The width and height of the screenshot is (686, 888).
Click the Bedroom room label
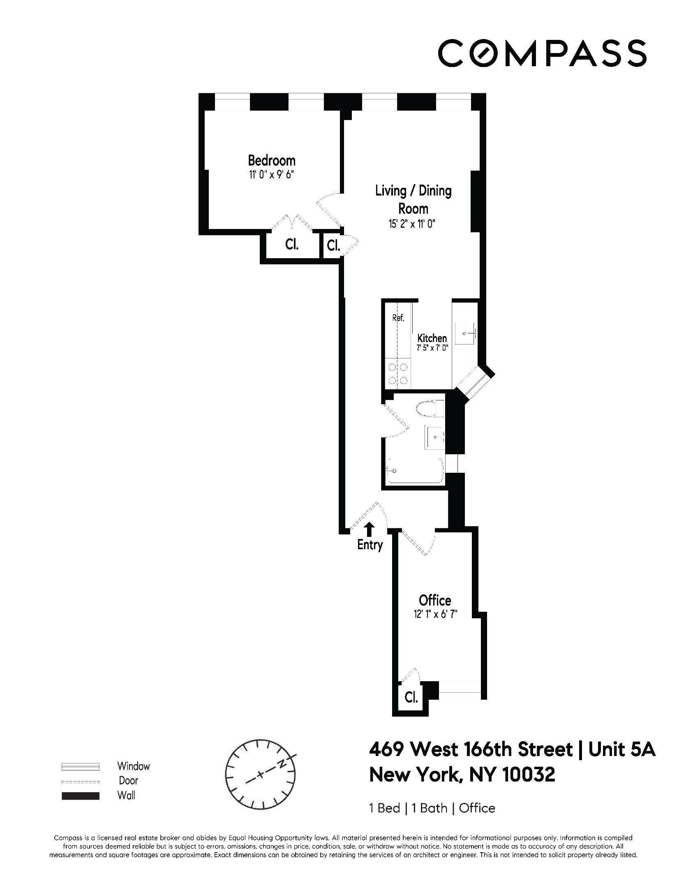[x=271, y=160]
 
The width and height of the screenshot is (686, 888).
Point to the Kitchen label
[x=432, y=338]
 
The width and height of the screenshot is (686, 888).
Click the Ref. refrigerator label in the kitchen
[x=398, y=318]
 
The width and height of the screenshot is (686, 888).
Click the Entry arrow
[x=370, y=527]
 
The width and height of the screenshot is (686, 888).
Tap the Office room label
[x=435, y=601]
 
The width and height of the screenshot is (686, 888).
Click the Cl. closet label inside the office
[x=411, y=698]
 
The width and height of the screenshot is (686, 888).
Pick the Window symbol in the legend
[x=81, y=766]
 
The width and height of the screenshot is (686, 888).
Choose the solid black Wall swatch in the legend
[x=81, y=796]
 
